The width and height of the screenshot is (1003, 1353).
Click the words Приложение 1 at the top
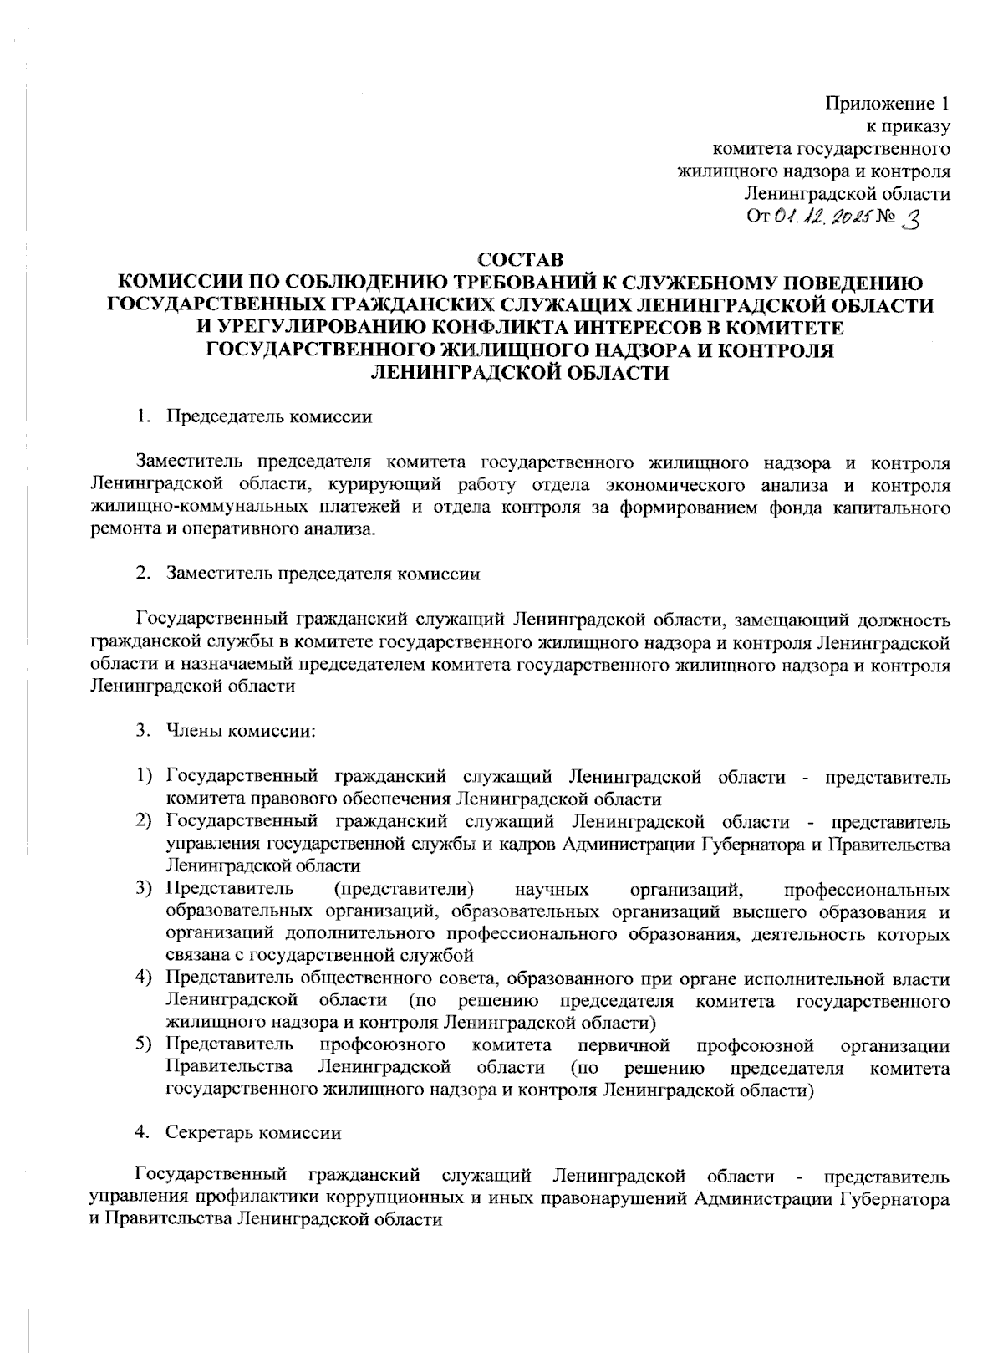coord(888,105)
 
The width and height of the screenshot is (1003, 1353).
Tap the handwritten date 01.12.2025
coord(822,217)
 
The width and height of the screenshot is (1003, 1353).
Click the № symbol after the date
coord(885,218)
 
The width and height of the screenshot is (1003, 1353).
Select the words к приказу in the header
coord(909,127)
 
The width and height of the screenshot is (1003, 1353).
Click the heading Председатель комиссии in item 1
coord(268,416)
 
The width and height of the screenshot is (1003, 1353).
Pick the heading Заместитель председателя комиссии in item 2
coord(323,574)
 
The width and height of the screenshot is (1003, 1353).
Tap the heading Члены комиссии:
coord(241,730)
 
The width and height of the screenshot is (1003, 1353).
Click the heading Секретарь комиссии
coord(253,1134)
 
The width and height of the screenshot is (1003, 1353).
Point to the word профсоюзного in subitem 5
coord(382,1045)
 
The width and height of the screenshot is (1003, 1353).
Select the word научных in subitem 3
coord(552,888)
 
